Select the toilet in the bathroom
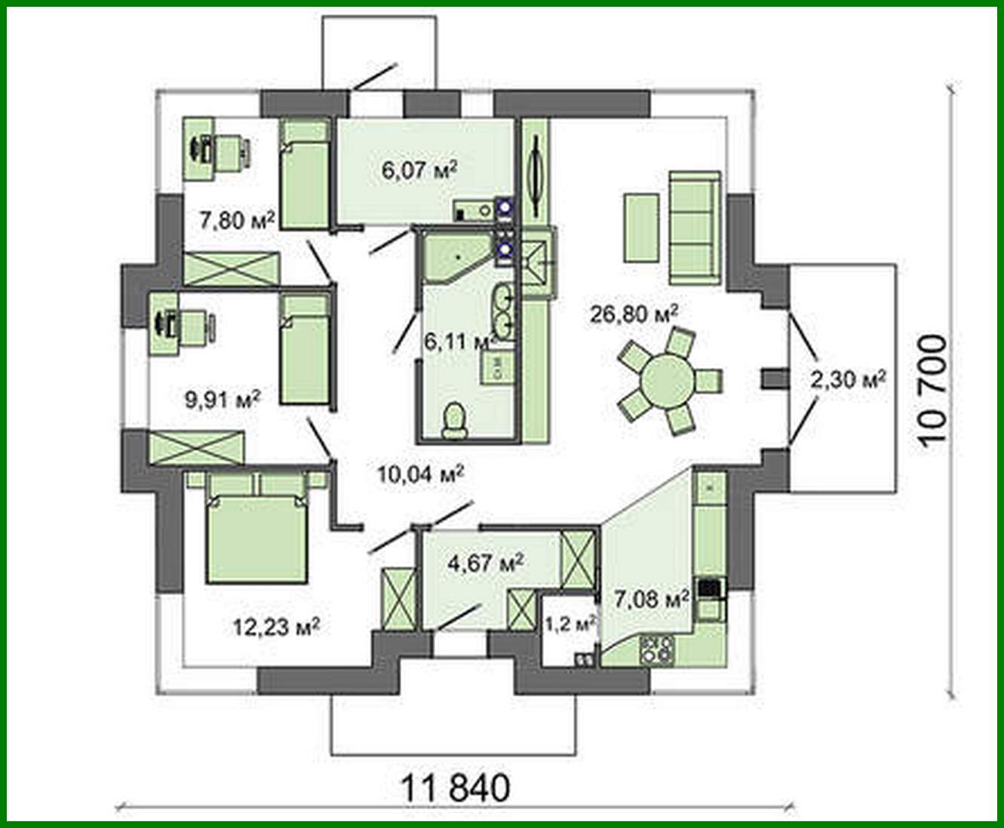[x=453, y=420]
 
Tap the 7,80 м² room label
[x=235, y=219]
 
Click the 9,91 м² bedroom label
[x=223, y=397]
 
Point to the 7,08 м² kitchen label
[x=651, y=600]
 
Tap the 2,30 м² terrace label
[x=847, y=379]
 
